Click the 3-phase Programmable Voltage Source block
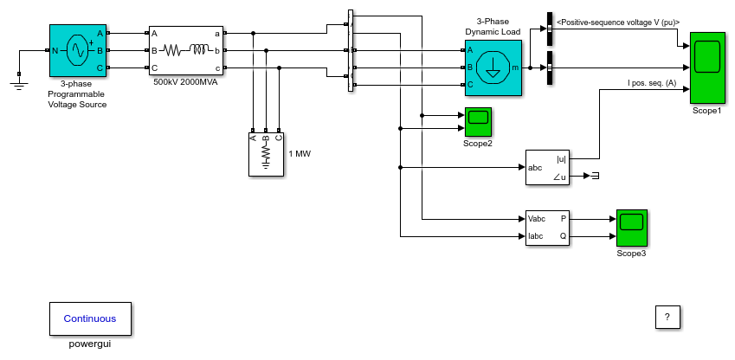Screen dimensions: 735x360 point(78,50)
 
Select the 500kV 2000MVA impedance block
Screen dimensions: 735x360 point(186,50)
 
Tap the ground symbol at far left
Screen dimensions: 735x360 point(19,85)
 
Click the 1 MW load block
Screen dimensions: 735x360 point(266,154)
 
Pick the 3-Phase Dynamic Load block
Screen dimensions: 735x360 point(493,67)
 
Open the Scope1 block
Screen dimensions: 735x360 point(707,68)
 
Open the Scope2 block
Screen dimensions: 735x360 point(478,122)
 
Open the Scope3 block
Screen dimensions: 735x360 point(631,228)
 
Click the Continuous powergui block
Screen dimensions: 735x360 point(90,318)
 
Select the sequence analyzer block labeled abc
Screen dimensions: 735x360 point(547,167)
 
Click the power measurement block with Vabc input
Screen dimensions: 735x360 point(547,228)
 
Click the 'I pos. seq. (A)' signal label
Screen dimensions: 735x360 point(647,83)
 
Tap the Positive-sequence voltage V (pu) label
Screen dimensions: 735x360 point(618,22)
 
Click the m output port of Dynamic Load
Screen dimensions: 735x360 point(515,68)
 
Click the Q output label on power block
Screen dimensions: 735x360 point(563,236)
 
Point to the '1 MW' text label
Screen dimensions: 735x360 point(300,154)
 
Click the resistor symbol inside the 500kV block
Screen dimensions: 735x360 point(172,50)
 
